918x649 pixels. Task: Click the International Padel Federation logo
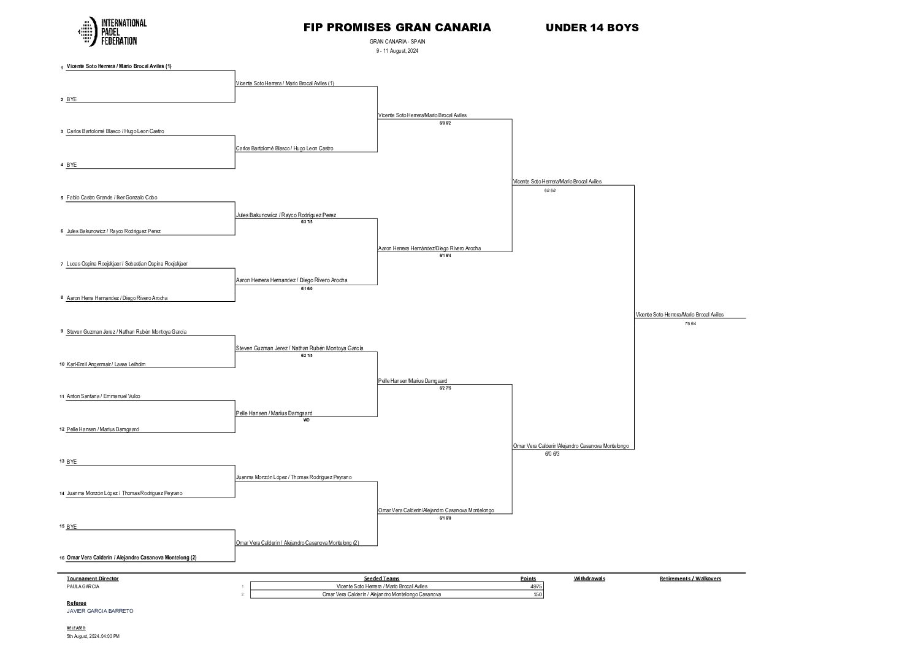coord(112,31)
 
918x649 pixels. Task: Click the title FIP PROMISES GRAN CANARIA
coord(397,28)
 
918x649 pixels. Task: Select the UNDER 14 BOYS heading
coord(592,28)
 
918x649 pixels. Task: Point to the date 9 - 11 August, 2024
coord(397,51)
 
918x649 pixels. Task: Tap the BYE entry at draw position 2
coord(72,99)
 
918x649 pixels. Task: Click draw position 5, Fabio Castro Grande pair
coord(112,198)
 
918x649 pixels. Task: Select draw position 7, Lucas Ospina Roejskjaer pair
coord(126,264)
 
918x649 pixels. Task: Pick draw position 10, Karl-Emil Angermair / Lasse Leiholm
coord(105,364)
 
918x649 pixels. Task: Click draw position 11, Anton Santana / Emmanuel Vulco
coord(103,396)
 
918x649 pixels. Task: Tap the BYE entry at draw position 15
coord(72,527)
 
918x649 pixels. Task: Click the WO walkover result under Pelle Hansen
coord(307,420)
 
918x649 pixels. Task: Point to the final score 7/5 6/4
coord(690,323)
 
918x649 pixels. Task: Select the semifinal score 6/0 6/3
coord(552,454)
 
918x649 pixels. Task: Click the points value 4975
coord(536,586)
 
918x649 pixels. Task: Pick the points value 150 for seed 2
coord(538,594)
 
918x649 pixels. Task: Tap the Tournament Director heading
coord(93,578)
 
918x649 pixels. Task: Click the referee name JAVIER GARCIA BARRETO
coord(100,611)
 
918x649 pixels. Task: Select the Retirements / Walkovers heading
coord(690,578)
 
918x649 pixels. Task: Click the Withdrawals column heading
coord(589,578)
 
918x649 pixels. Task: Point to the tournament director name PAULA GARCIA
coord(83,586)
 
